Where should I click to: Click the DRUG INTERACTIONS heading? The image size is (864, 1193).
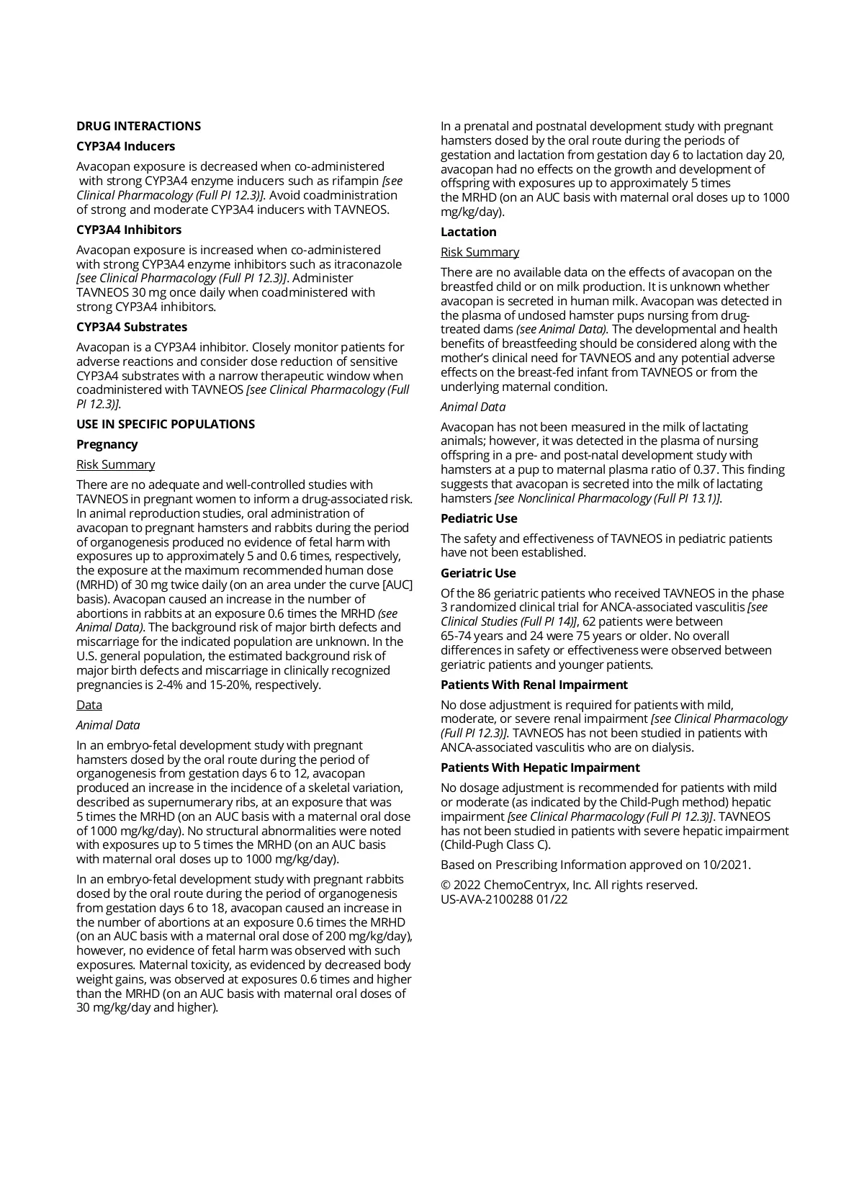pyautogui.click(x=138, y=126)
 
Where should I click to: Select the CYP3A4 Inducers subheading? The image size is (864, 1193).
pyautogui.click(x=125, y=146)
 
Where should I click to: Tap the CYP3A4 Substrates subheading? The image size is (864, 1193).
pyautogui.click(x=131, y=327)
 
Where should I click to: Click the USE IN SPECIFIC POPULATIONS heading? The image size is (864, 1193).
pyautogui.click(x=166, y=424)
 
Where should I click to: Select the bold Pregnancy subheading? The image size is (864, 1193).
pyautogui.click(x=107, y=444)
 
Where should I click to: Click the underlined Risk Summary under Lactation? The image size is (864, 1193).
pyautogui.click(x=480, y=252)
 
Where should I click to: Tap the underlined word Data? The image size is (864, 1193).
pyautogui.click(x=89, y=705)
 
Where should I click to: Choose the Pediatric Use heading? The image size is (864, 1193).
pyautogui.click(x=479, y=518)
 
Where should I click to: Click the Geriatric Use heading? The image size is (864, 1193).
pyautogui.click(x=478, y=573)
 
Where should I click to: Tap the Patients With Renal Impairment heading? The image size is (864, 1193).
pyautogui.click(x=534, y=685)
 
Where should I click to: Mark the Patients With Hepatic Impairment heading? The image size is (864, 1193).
pyautogui.click(x=540, y=767)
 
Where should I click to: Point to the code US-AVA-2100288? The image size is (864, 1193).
pyautogui.click(x=487, y=899)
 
